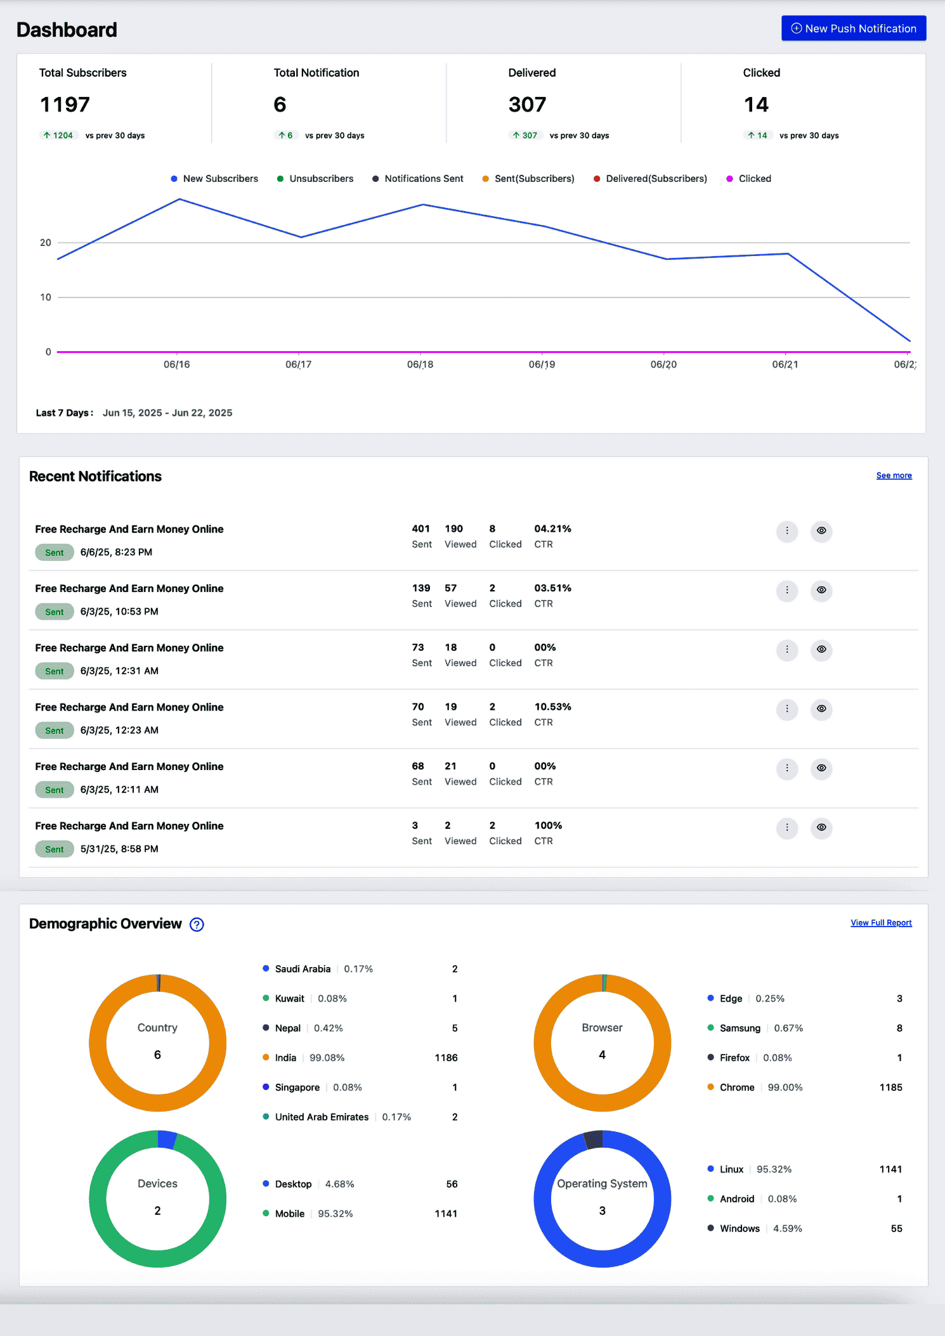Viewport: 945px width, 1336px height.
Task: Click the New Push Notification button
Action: [853, 29]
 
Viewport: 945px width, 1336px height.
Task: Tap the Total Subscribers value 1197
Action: [65, 105]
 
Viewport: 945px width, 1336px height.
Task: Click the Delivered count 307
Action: [527, 105]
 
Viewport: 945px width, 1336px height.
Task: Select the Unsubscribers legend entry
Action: [315, 179]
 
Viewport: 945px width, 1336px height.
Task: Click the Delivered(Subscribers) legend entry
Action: [650, 179]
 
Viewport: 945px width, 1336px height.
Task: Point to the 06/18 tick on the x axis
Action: [420, 364]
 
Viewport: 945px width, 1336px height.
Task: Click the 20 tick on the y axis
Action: [45, 243]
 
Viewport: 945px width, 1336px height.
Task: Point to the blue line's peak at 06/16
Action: [180, 200]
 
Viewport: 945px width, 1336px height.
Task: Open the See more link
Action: [894, 475]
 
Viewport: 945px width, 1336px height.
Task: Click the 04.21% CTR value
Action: [552, 529]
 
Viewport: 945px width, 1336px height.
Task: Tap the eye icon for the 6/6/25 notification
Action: [821, 530]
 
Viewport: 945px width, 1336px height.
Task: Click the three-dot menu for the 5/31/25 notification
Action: [786, 827]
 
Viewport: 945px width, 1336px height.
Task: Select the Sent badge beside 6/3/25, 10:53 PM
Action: [55, 612]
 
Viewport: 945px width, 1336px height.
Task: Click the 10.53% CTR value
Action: [552, 707]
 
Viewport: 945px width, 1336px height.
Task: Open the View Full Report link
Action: [881, 923]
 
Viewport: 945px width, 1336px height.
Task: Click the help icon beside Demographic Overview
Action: [197, 925]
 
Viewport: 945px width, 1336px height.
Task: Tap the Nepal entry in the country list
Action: [287, 1028]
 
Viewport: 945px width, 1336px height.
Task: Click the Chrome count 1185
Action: [890, 1088]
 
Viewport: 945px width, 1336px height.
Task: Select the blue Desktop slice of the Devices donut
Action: [166, 1140]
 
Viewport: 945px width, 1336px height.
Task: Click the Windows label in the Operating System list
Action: [739, 1228]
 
